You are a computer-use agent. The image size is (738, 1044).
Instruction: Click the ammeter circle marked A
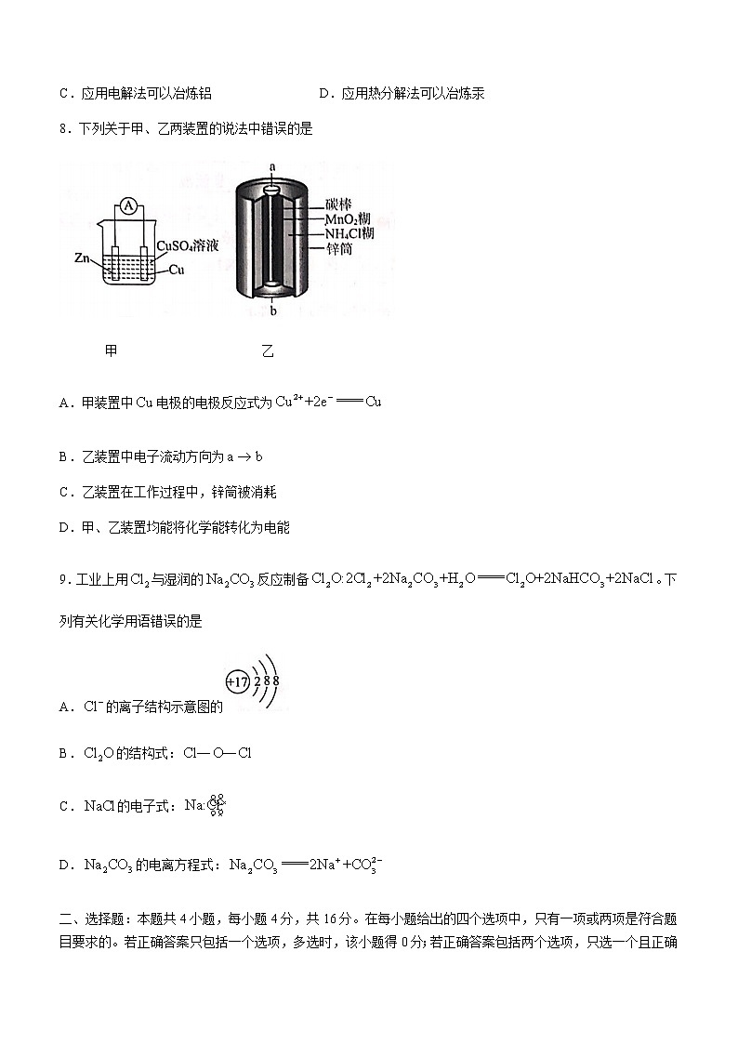coord(130,205)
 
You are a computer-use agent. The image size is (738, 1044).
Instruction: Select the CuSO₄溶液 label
coord(187,246)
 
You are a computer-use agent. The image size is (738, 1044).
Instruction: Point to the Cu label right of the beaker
coord(177,270)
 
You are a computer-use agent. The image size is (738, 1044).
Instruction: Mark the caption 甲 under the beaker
coord(112,351)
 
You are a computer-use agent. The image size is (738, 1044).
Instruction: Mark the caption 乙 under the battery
coord(268,351)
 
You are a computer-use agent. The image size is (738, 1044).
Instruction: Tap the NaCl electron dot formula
coord(205,805)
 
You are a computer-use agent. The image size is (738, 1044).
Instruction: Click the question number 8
coord(62,129)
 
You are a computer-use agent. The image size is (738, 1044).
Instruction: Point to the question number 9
coord(62,579)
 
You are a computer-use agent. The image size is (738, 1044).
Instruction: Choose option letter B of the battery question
coord(64,457)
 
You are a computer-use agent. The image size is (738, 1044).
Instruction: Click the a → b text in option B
coord(245,457)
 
